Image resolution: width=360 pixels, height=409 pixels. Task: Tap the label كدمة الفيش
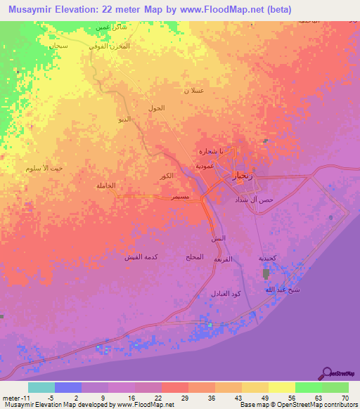click(x=142, y=257)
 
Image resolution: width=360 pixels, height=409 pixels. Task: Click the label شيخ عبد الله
click(x=266, y=290)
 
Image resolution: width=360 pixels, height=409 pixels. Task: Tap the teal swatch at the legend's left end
click(x=41, y=387)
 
